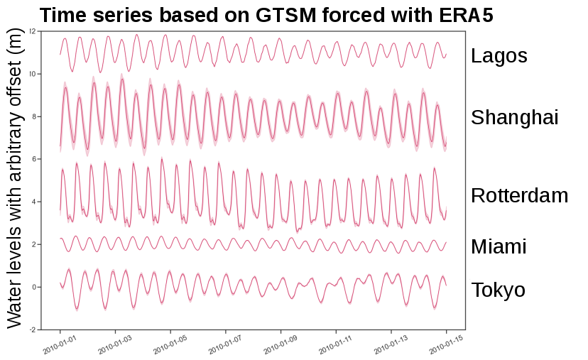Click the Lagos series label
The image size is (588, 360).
(x=499, y=56)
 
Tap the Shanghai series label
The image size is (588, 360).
(x=515, y=118)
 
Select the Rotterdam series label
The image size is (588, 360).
(x=519, y=196)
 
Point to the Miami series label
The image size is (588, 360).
(x=498, y=247)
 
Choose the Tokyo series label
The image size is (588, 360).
(x=498, y=290)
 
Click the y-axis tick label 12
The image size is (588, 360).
(x=33, y=31)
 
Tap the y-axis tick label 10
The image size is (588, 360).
(x=33, y=74)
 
